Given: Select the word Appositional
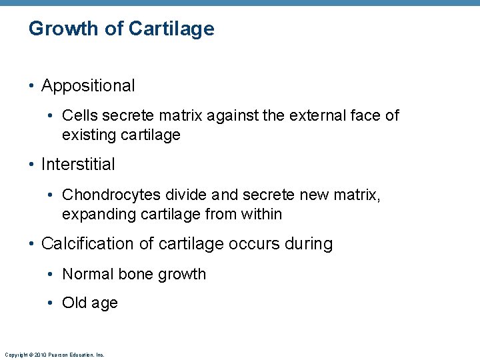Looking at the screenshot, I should (x=88, y=86).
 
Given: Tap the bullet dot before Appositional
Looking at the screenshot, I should (x=32, y=86).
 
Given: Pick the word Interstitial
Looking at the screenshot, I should (x=78, y=164).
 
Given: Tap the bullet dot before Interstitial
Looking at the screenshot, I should (x=32, y=164).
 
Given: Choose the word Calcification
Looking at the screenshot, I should (x=88, y=244).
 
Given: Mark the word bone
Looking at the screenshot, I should (x=135, y=274).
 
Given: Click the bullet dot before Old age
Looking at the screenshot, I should (x=52, y=303).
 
